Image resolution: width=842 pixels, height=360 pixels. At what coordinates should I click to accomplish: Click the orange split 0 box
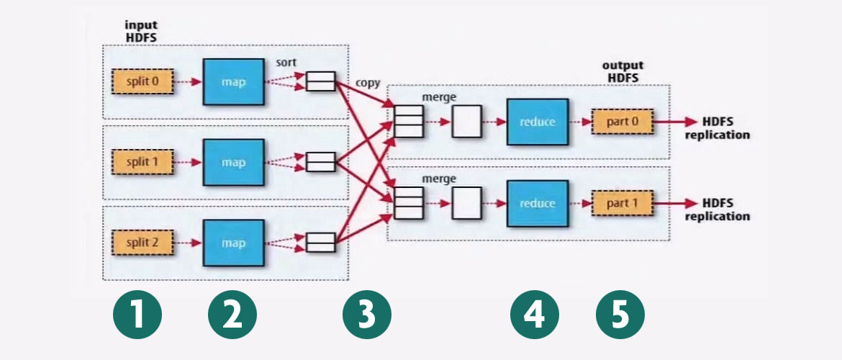tap(143, 82)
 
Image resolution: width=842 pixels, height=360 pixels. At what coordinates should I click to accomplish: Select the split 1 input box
tap(143, 163)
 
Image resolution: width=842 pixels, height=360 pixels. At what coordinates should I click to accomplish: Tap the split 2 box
tap(143, 243)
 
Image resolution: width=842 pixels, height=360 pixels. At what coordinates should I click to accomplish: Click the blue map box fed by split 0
tap(233, 82)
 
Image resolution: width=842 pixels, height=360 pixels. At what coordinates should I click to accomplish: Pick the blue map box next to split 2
tap(233, 243)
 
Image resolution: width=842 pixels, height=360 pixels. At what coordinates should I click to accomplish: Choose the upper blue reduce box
tap(537, 122)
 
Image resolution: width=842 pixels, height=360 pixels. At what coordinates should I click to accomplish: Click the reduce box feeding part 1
tap(537, 204)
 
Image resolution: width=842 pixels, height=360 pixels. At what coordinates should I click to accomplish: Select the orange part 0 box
tap(622, 122)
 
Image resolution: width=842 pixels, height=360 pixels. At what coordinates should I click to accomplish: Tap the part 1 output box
tap(622, 204)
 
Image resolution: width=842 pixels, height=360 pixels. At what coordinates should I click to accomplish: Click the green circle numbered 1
tap(137, 316)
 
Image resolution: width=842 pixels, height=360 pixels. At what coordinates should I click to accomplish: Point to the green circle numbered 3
tap(366, 316)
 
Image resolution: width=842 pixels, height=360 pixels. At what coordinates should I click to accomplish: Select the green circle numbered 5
tap(620, 316)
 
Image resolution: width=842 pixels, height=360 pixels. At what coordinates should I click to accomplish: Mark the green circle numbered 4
tap(535, 316)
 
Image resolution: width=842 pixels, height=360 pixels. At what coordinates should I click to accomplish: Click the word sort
tap(286, 63)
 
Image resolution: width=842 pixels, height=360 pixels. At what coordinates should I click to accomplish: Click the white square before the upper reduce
tap(466, 122)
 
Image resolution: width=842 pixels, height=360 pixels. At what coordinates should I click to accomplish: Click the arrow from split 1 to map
tap(189, 163)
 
